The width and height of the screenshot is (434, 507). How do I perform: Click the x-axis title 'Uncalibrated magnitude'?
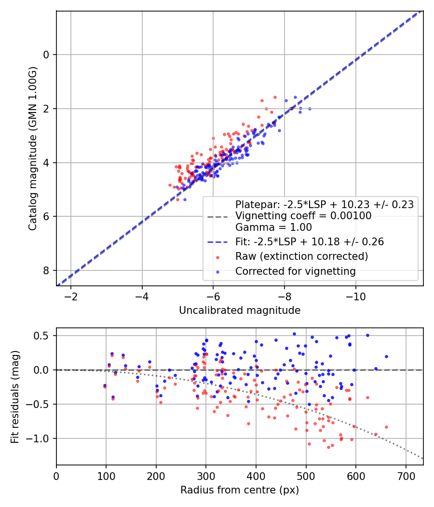[x=240, y=310]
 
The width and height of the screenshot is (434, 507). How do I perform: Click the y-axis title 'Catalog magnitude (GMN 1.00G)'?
[x=33, y=148]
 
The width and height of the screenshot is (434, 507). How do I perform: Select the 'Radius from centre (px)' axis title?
[x=240, y=490]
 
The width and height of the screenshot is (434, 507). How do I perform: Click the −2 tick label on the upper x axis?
[x=71, y=296]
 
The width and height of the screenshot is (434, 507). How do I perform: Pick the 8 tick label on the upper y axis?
[x=46, y=270]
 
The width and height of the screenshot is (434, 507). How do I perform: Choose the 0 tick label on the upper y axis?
[x=46, y=55]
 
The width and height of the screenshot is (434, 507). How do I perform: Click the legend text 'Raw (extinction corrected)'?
[x=301, y=256]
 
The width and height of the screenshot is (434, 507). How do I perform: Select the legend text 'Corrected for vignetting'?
[x=295, y=271]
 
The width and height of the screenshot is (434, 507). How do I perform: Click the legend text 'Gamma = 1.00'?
[x=273, y=227]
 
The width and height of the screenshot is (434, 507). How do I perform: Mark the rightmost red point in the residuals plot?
[x=386, y=427]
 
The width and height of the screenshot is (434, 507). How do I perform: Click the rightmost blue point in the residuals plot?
[x=386, y=356]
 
